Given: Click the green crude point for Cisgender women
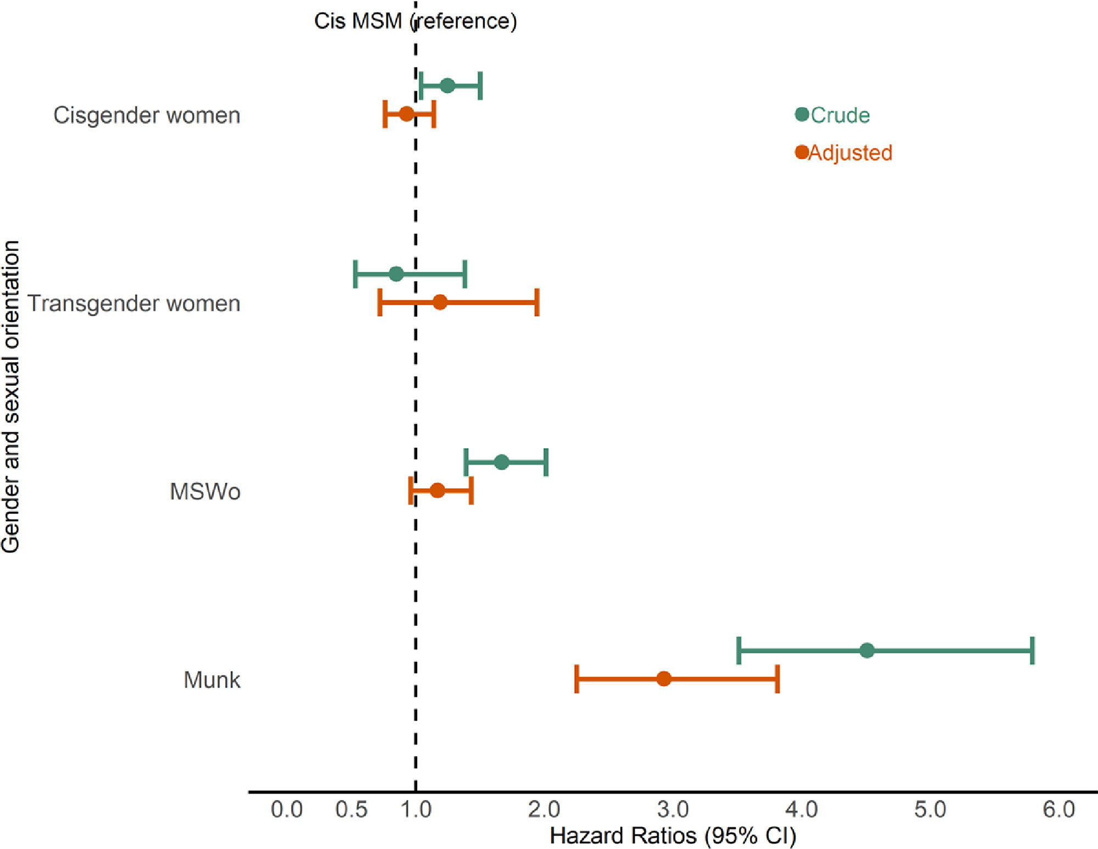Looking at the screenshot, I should click(x=447, y=86).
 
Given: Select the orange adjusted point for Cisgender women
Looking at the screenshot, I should click(x=406, y=114).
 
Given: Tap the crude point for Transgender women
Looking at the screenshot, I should click(x=396, y=274).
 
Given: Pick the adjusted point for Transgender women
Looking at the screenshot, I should click(x=440, y=302).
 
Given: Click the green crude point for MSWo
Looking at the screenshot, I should click(x=501, y=462).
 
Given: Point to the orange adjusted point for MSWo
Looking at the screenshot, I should click(x=438, y=490).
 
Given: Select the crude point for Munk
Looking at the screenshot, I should click(x=867, y=651).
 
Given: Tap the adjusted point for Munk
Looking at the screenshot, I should click(x=664, y=679).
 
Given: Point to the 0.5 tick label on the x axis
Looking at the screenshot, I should click(x=351, y=809).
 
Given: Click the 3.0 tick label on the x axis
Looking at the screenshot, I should click(x=673, y=809).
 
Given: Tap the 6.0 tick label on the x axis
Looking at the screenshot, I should click(x=1059, y=809).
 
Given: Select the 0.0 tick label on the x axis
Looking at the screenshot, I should click(x=287, y=809).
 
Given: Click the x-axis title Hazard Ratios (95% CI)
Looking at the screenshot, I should click(x=673, y=836).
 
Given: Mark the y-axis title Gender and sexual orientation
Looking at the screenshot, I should click(x=11, y=396).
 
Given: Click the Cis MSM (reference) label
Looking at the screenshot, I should click(x=415, y=21).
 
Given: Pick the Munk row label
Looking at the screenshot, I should click(x=212, y=680).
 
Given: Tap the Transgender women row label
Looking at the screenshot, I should click(x=134, y=303).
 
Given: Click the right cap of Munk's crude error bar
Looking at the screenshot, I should click(x=1033, y=651).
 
